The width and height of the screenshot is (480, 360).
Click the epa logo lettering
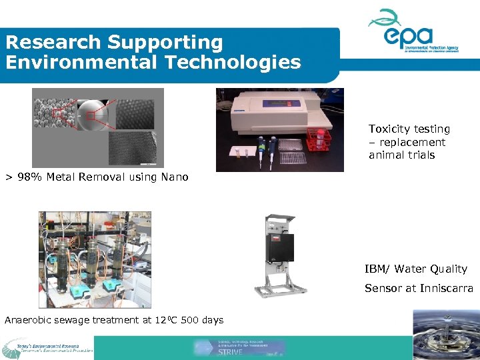coord(409,35)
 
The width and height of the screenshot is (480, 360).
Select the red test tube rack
coord(319,139)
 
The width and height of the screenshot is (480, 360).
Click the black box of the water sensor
coord(279,247)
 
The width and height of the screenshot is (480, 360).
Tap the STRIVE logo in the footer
coord(240,347)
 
